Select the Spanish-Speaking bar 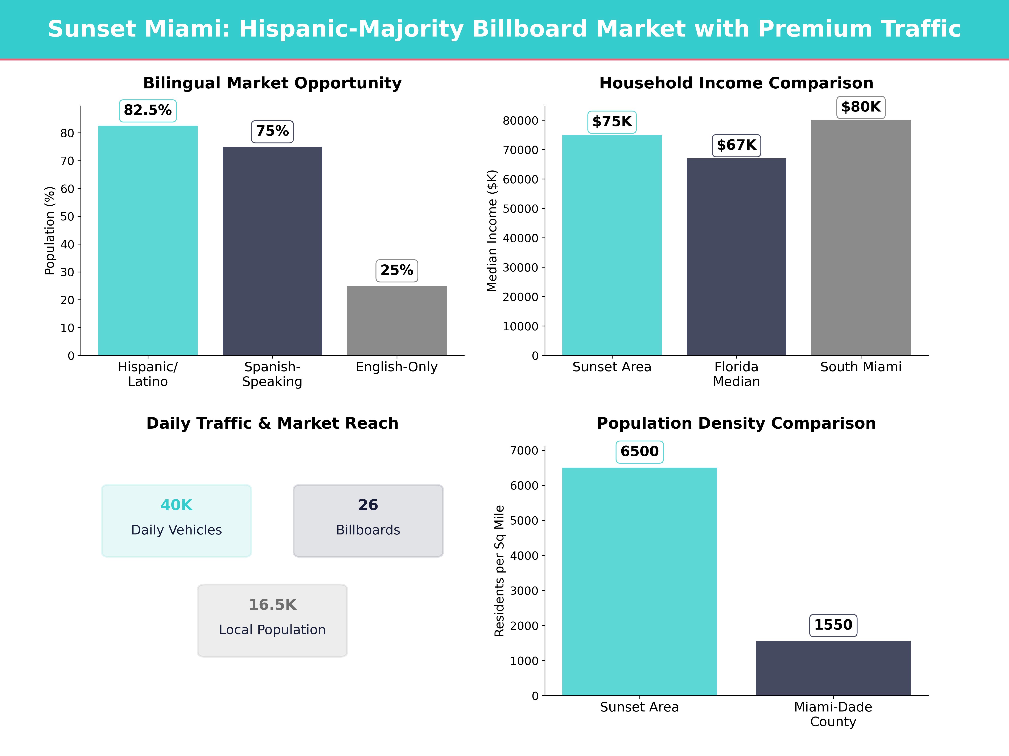(272, 251)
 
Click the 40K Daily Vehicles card (177, 520)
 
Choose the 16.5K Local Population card (272, 620)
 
